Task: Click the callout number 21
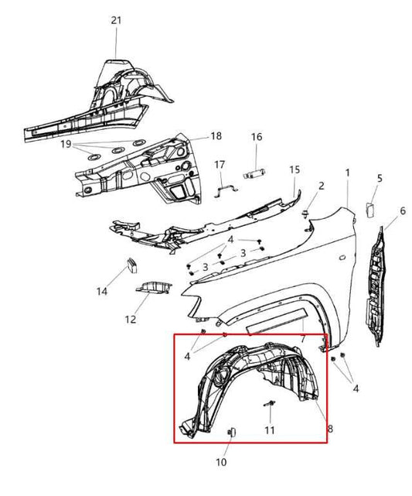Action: coord(116,20)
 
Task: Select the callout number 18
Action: coord(216,135)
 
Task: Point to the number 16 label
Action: coord(257,137)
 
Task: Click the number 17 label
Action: coord(220,164)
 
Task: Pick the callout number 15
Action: coord(294,169)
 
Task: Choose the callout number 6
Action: coord(402,210)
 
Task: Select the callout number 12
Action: coord(131,318)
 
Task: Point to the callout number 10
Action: coord(221,463)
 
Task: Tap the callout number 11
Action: coord(269,429)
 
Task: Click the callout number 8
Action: coord(331,428)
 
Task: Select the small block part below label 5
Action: coord(369,207)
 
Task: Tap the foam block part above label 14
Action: coord(131,264)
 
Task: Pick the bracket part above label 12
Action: coord(155,287)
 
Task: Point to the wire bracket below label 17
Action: coord(221,186)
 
